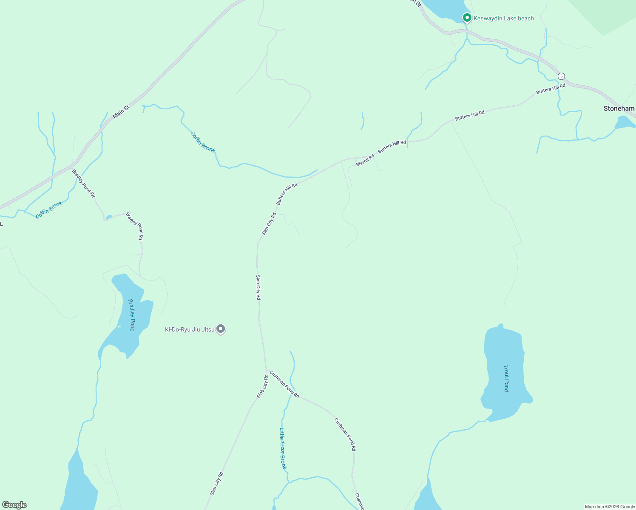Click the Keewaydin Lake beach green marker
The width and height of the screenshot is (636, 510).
coord(467,18)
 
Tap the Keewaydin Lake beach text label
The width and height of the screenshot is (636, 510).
coord(503,18)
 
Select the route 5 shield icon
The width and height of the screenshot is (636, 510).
coord(562,76)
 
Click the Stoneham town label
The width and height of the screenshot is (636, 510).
coord(619,108)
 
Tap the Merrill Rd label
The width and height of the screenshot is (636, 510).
coord(365,160)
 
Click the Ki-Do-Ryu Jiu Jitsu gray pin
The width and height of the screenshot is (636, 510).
coord(221,329)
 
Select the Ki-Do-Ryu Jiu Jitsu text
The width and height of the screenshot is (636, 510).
coord(190,329)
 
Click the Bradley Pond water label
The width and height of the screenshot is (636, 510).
coord(131,315)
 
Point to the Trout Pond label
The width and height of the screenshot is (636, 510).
coord(506,378)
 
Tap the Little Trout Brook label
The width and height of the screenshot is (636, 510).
coord(283,448)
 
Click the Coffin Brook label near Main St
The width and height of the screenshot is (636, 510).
coord(202,142)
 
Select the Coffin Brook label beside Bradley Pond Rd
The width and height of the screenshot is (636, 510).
coord(49,210)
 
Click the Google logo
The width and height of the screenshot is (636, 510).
coord(14,505)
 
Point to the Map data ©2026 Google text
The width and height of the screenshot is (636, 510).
coord(610,507)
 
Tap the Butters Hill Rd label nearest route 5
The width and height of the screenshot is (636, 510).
coord(551,89)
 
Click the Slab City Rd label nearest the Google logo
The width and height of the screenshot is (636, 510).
coord(216,484)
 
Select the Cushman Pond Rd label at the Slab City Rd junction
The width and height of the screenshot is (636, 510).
coord(284,384)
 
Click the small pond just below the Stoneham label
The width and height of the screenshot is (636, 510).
coord(624,123)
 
